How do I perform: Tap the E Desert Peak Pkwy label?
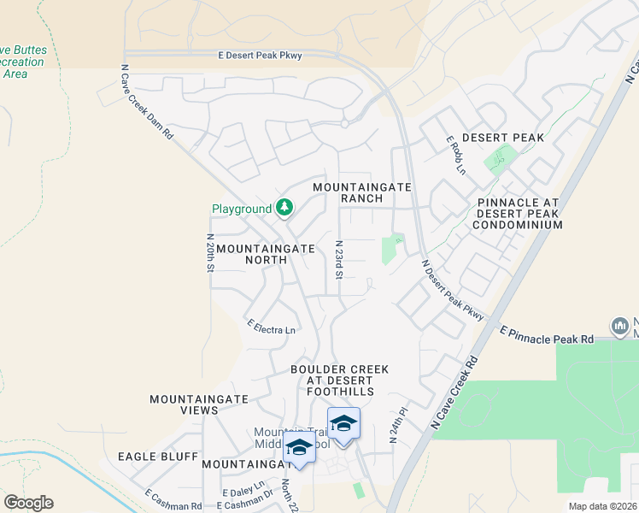tap(261, 56)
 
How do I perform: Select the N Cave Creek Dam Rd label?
tap(147, 103)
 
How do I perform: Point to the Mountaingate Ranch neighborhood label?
tap(362, 192)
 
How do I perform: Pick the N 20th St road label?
tap(209, 252)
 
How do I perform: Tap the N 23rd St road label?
tap(338, 259)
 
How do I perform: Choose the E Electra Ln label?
tap(271, 327)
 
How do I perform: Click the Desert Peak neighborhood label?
tap(503, 138)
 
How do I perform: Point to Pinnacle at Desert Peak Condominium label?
tap(519, 214)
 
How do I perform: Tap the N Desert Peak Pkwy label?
tap(452, 291)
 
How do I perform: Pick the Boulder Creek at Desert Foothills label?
tap(339, 380)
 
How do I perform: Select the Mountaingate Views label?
tap(198, 404)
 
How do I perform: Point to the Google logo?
tap(29, 503)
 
